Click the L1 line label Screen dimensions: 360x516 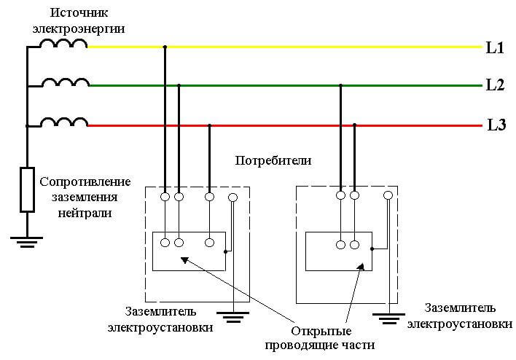coord(495,49)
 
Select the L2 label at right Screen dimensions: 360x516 coord(495,85)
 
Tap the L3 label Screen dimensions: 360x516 coord(496,125)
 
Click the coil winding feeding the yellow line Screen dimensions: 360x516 coord(63,44)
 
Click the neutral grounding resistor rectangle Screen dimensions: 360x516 coord(27,189)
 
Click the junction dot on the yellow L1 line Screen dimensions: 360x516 coord(165,47)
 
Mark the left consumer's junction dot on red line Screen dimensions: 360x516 coord(210,125)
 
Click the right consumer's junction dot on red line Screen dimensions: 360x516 coord(355,125)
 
